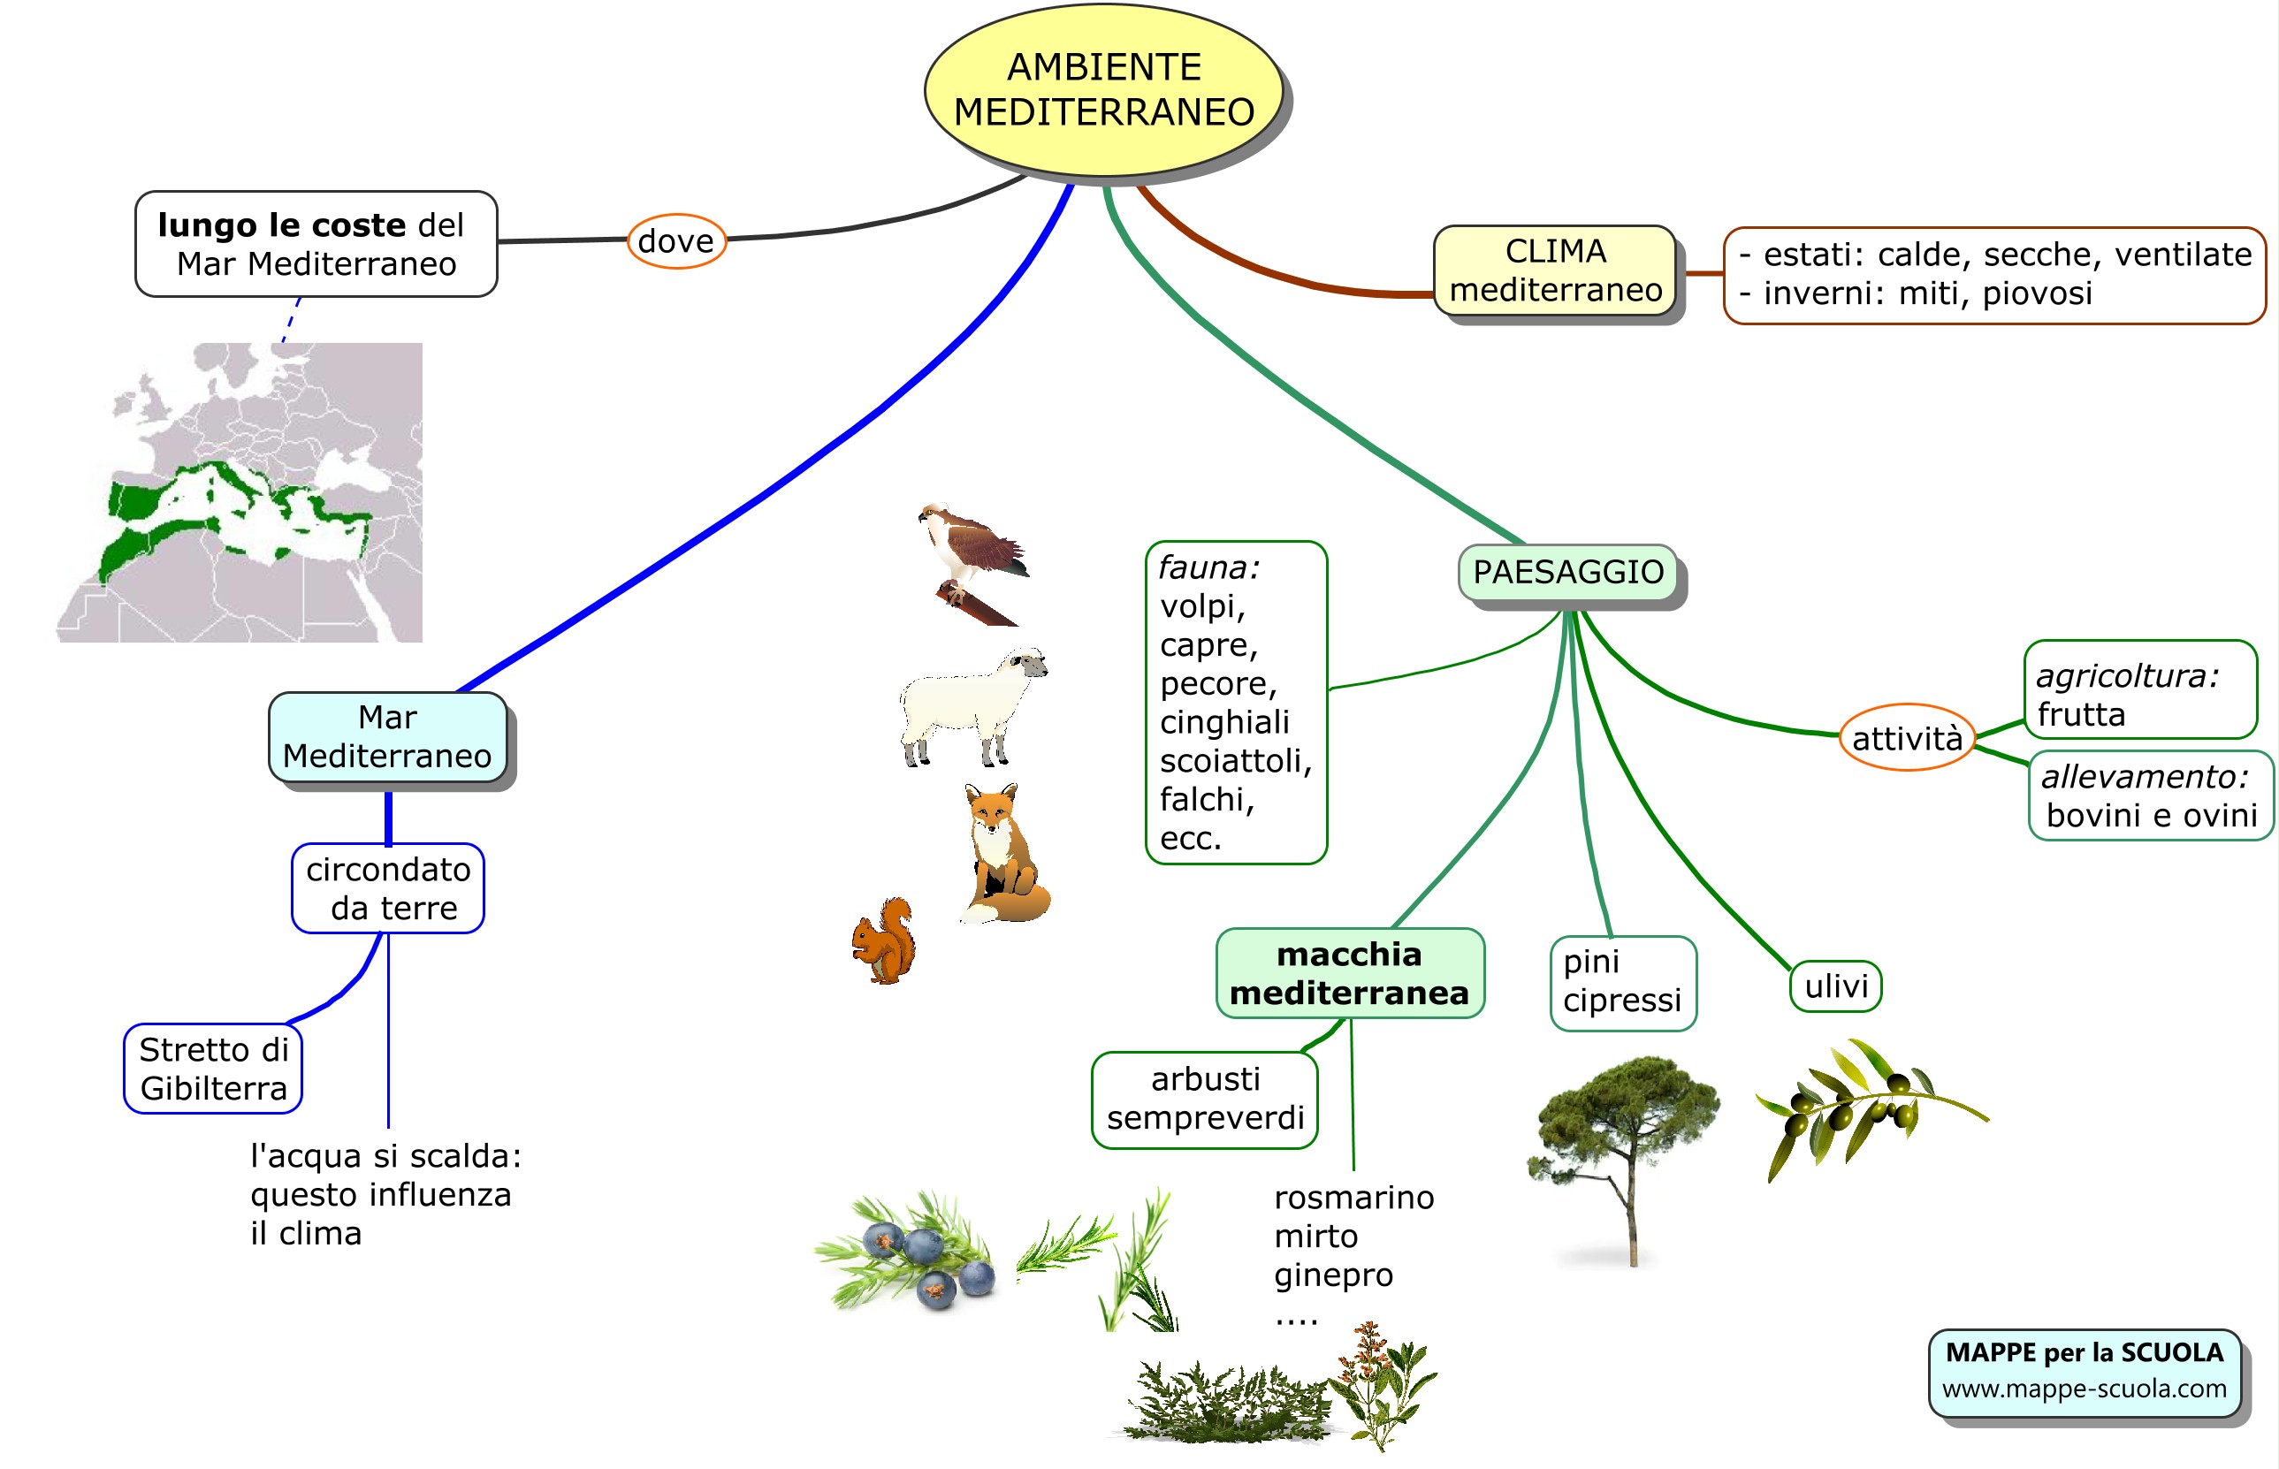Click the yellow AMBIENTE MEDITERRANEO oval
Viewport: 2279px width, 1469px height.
(x=1104, y=91)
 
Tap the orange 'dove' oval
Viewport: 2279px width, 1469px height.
(x=676, y=241)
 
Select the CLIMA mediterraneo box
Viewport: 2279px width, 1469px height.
(x=1555, y=270)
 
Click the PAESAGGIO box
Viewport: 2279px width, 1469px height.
(x=1567, y=573)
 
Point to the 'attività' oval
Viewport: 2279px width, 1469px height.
(x=1906, y=737)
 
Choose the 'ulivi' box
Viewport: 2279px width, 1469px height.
(x=1835, y=986)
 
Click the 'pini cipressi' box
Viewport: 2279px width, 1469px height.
(x=1623, y=983)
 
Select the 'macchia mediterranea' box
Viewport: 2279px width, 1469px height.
(x=1349, y=973)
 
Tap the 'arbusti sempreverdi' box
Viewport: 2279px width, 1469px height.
(x=1204, y=1099)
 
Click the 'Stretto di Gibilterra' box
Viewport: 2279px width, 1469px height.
(x=213, y=1069)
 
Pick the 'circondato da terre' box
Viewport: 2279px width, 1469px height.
(x=387, y=888)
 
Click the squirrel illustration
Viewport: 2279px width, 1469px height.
(x=883, y=940)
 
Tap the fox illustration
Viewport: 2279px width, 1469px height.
(x=1004, y=853)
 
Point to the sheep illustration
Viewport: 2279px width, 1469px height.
(x=972, y=706)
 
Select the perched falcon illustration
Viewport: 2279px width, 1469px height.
(x=973, y=563)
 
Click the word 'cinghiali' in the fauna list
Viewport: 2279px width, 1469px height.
(x=1224, y=722)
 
